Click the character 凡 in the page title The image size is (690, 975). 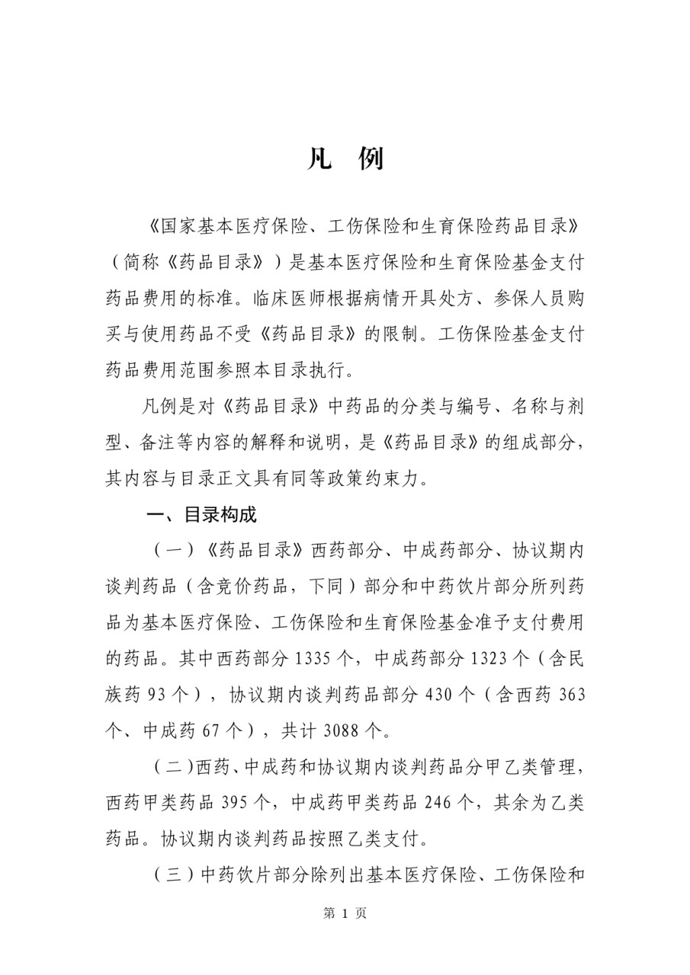(319, 160)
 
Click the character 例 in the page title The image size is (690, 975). (371, 160)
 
